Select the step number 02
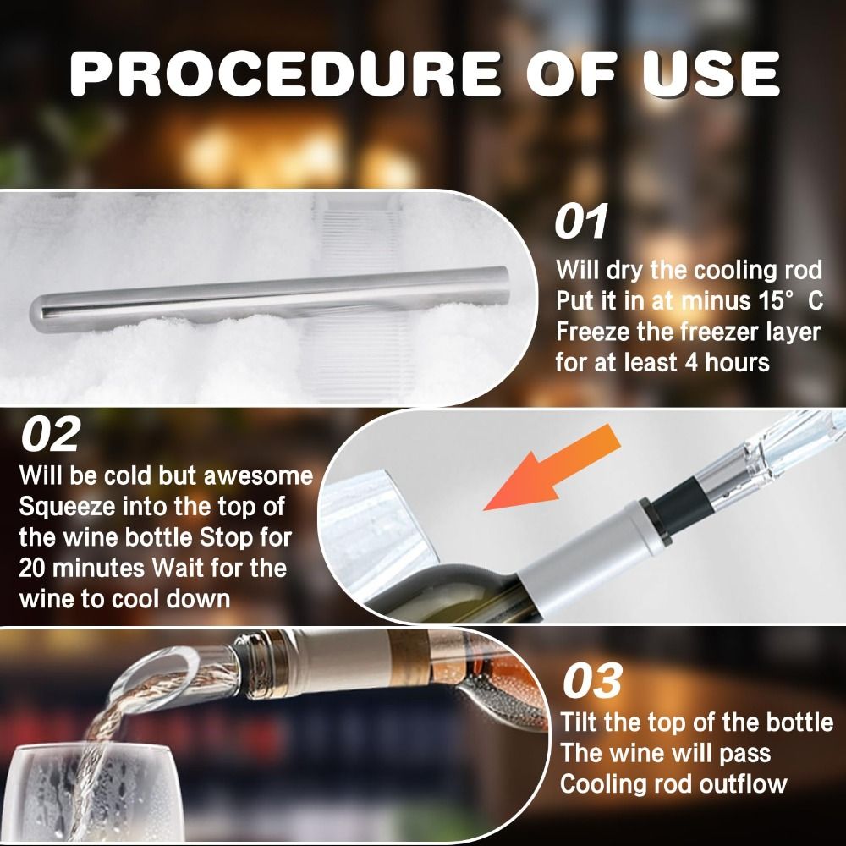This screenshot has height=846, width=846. point(50,434)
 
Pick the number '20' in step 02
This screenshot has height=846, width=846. point(37,568)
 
